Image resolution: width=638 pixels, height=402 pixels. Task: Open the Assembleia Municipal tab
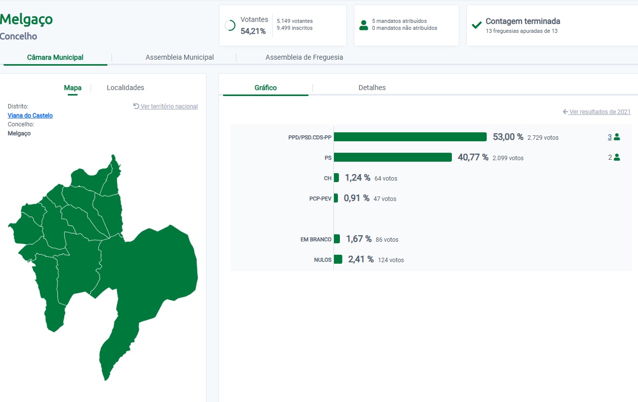point(180,57)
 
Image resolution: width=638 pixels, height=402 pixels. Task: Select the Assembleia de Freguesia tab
point(304,57)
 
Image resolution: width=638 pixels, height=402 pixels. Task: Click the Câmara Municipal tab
point(55,57)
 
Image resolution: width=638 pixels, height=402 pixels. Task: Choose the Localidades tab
point(125,88)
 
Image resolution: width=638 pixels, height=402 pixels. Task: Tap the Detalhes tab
point(372,88)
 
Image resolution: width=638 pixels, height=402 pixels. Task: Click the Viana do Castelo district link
point(30,115)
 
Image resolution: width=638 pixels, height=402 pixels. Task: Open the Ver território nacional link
point(166,106)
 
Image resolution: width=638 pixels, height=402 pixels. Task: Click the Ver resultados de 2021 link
point(597,111)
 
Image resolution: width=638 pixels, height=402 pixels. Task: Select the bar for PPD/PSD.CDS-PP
point(410,137)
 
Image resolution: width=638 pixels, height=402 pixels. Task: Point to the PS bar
point(393,157)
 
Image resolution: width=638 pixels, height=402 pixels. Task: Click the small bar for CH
point(336,178)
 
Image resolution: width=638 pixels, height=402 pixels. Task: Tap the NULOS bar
point(338,259)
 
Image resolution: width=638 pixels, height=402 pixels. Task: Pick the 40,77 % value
point(473,157)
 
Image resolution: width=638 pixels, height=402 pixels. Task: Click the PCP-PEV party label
point(320,199)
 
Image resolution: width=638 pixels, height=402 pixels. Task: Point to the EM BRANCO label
point(316,239)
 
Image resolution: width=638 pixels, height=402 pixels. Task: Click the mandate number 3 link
point(610,137)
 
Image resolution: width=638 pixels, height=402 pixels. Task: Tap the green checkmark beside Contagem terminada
point(477,25)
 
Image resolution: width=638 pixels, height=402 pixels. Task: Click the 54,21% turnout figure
point(253,31)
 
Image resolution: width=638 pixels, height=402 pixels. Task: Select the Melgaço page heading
point(26,19)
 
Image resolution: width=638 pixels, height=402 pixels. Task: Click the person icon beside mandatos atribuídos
point(364,25)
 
